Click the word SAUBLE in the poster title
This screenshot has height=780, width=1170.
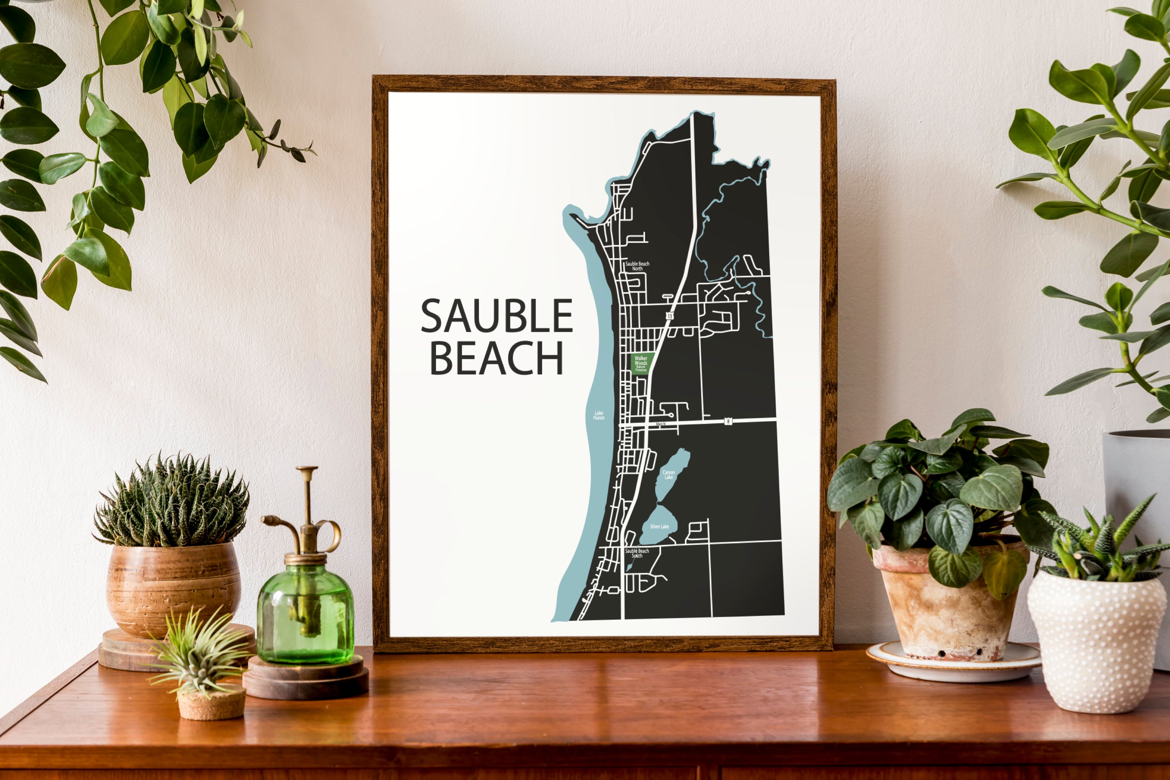[x=496, y=316]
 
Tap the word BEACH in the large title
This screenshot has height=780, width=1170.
[x=496, y=358]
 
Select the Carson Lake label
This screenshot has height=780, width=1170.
[x=668, y=475]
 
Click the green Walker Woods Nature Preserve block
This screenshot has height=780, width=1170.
[x=641, y=363]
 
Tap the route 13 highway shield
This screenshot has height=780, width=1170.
[x=670, y=316]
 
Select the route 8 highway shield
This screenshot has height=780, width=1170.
[x=728, y=421]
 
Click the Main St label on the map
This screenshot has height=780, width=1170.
[x=661, y=424]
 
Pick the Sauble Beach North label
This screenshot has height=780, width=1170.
[x=637, y=266]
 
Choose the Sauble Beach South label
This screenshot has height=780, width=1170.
[x=637, y=553]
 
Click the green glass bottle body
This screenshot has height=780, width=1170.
[x=305, y=617]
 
